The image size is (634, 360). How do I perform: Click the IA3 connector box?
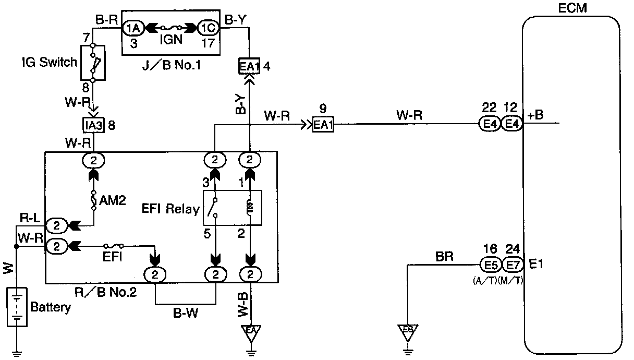pyautogui.click(x=94, y=126)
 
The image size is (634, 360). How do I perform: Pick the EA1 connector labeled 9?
pyautogui.click(x=323, y=126)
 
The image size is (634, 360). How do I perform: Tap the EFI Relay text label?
pyautogui.click(x=171, y=209)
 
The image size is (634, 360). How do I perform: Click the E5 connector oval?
pyautogui.click(x=491, y=265)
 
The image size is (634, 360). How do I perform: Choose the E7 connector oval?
pyautogui.click(x=511, y=265)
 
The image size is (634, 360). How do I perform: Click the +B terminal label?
pyautogui.click(x=535, y=115)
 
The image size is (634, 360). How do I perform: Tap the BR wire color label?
pyautogui.click(x=444, y=256)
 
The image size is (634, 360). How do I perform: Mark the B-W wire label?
pyautogui.click(x=186, y=314)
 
